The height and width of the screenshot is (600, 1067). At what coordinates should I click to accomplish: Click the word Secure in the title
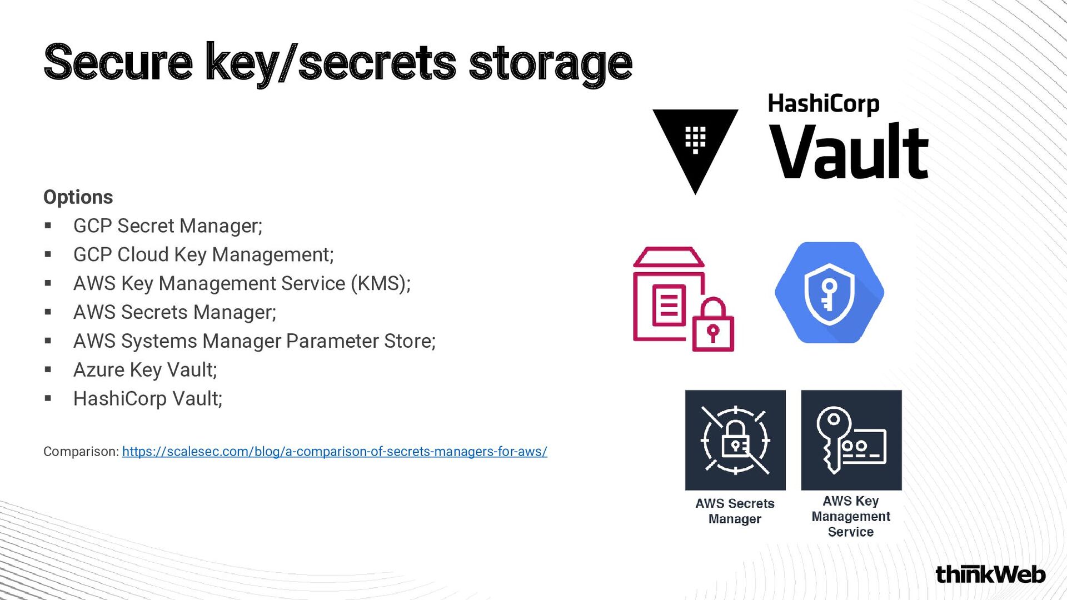click(118, 62)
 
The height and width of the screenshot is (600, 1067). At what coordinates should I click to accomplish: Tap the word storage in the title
click(550, 63)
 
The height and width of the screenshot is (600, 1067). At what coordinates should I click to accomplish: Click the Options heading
click(78, 197)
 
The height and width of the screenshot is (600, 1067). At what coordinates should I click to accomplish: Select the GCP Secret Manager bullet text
click(168, 226)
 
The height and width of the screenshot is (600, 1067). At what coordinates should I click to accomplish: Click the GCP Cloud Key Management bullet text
click(203, 255)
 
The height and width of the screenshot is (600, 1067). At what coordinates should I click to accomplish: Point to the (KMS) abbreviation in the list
click(380, 284)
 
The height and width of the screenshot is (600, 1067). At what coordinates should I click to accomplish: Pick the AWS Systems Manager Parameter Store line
click(254, 341)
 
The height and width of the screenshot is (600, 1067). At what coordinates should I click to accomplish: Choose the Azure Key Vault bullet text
click(145, 370)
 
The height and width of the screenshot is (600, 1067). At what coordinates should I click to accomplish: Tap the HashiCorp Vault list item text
click(148, 399)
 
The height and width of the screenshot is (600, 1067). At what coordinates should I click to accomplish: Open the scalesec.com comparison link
click(335, 452)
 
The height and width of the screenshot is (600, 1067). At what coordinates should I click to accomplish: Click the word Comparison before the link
click(81, 452)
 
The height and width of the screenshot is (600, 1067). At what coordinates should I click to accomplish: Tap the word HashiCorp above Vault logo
click(824, 104)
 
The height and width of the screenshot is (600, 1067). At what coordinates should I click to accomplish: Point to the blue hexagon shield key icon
click(829, 293)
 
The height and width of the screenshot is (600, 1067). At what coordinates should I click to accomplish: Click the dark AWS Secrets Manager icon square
click(735, 440)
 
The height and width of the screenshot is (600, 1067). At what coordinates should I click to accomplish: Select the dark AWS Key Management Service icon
click(851, 440)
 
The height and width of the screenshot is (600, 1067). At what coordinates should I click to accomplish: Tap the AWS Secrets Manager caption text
click(735, 511)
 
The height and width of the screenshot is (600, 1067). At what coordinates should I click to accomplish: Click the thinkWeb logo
click(990, 574)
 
